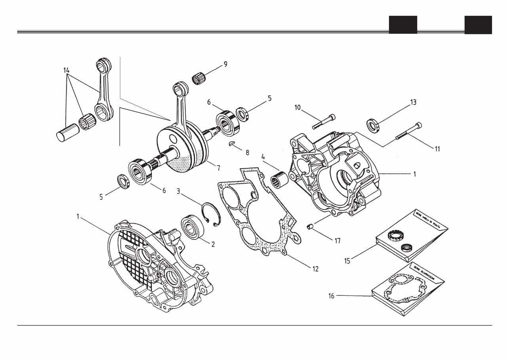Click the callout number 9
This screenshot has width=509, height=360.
(x=225, y=64)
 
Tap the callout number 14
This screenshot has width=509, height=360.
(x=66, y=70)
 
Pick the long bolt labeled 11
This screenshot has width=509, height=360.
(x=408, y=131)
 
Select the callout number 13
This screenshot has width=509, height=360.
(x=413, y=102)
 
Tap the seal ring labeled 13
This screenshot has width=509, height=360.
(x=373, y=124)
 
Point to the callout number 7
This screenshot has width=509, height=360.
(x=218, y=168)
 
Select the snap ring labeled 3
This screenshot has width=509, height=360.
(x=211, y=215)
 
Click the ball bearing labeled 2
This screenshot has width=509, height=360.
(x=192, y=227)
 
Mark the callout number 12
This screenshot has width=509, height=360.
(x=315, y=269)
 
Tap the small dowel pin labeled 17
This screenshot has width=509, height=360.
(x=311, y=227)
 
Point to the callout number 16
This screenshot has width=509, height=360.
(x=332, y=295)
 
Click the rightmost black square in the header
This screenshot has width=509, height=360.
(x=478, y=25)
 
